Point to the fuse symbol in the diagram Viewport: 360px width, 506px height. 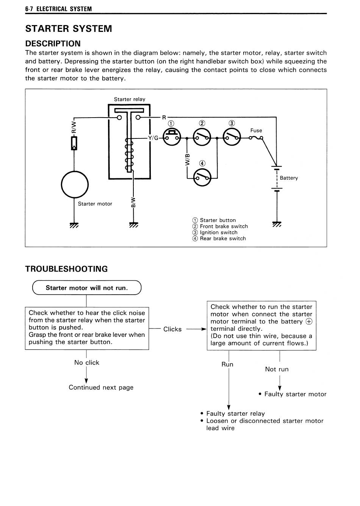click(256, 138)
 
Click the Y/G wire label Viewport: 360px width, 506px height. click(153, 138)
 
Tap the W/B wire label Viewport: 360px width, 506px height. click(187, 160)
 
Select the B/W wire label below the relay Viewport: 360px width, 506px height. click(133, 203)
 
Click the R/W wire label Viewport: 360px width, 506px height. click(74, 127)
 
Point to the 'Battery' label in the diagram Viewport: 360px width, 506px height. click(289, 178)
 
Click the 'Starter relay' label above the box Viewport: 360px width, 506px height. click(130, 99)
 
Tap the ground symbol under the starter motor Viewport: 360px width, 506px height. click(74, 225)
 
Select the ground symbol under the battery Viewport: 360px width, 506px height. click(277, 224)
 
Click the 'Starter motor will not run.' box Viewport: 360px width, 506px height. click(87, 288)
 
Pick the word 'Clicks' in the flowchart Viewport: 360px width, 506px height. click(172, 329)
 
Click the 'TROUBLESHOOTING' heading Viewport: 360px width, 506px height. click(67, 269)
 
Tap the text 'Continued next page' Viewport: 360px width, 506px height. click(101, 387)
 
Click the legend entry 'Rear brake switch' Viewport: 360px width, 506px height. click(223, 238)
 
